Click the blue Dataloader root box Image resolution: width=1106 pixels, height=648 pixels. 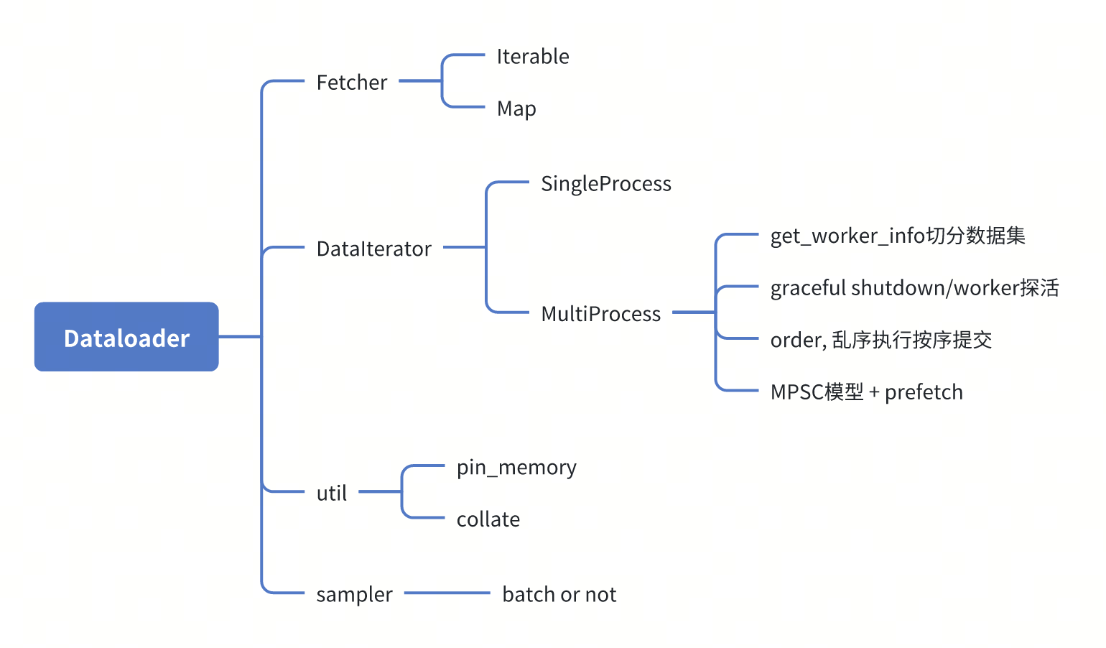pyautogui.click(x=126, y=337)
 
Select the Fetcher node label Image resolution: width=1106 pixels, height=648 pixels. pyautogui.click(x=351, y=83)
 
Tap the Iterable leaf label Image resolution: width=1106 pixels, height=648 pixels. pyautogui.click(x=532, y=57)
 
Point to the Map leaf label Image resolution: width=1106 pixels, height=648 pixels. pyautogui.click(x=516, y=108)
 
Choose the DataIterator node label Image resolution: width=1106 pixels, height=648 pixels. pyautogui.click(x=373, y=249)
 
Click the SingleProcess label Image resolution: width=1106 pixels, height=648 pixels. pyautogui.click(x=605, y=184)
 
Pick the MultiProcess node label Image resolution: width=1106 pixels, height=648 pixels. pyautogui.click(x=600, y=314)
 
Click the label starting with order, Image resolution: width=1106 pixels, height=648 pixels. pyautogui.click(x=880, y=340)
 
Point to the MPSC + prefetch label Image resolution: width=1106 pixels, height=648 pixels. pyautogui.click(x=866, y=392)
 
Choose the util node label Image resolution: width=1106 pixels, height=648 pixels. pyautogui.click(x=331, y=494)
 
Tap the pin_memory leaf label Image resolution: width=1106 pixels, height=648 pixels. pyautogui.click(x=516, y=468)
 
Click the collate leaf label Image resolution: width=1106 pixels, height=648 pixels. pyautogui.click(x=488, y=519)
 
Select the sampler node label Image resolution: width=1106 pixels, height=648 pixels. pyautogui.click(x=354, y=595)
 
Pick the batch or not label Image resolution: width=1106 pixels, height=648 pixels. pyautogui.click(x=559, y=595)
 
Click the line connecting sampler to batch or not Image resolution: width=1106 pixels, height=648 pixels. pyautogui.click(x=447, y=593)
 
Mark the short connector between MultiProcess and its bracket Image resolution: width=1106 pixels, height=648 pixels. pyautogui.click(x=693, y=313)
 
